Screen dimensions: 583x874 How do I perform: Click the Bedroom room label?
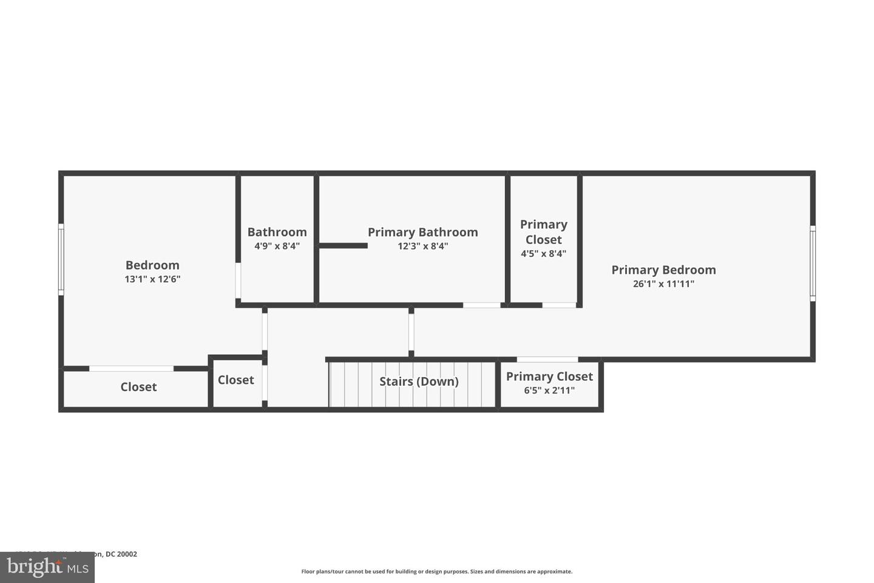(x=152, y=265)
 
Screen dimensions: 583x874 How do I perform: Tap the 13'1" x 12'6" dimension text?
(x=152, y=279)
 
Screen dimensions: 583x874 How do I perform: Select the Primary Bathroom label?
(x=422, y=232)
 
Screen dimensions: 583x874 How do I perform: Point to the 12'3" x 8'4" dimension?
(x=422, y=246)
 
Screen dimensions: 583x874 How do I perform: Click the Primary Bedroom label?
(x=663, y=270)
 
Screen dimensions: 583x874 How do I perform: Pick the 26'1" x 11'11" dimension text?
(x=663, y=284)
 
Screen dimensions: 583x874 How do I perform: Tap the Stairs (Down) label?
(x=419, y=381)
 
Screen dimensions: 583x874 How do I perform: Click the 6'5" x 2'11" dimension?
(x=549, y=390)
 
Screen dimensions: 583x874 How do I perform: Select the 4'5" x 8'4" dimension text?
(x=543, y=254)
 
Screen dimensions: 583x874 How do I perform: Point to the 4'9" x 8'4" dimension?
(x=277, y=246)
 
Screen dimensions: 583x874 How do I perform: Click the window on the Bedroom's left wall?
(x=61, y=259)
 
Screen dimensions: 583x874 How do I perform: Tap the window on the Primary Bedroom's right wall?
(x=813, y=263)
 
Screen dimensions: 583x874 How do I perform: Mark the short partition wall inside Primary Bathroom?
(x=343, y=245)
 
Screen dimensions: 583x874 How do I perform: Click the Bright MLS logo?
(x=47, y=567)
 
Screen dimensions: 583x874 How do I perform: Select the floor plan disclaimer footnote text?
(x=436, y=571)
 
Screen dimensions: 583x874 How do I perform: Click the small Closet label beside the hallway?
(x=235, y=380)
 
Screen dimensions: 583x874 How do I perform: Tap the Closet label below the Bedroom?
(x=138, y=387)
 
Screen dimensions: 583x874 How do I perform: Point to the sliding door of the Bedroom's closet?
(x=131, y=369)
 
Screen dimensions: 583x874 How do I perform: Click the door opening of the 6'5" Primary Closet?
(x=547, y=360)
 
